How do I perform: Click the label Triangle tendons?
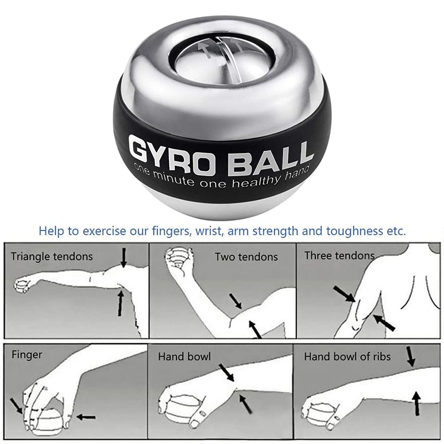(52, 256)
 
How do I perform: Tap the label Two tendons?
(246, 257)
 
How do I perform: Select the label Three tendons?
(339, 256)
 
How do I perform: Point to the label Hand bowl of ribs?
(347, 356)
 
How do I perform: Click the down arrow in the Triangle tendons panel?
(124, 257)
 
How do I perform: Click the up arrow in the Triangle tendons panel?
(120, 303)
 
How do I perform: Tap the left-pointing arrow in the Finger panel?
(86, 416)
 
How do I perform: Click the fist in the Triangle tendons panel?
(22, 286)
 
